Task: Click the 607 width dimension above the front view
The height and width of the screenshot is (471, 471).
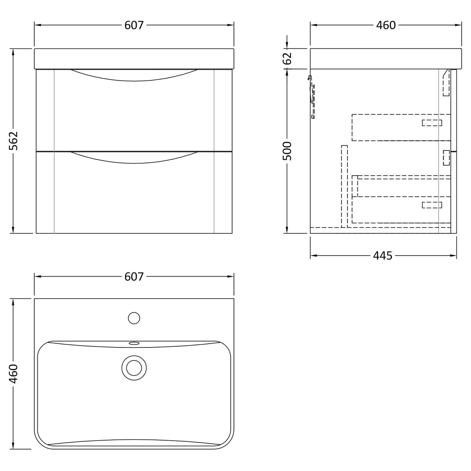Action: [134, 25]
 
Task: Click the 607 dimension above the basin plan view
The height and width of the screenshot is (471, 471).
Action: [134, 277]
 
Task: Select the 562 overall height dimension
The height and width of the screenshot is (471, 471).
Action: [14, 141]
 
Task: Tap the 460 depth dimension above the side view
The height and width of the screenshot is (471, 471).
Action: [386, 25]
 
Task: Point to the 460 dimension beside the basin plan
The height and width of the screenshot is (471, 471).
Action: [14, 373]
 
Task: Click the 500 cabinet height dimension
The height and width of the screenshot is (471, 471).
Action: [287, 151]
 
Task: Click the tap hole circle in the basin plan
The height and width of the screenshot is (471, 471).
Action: [134, 318]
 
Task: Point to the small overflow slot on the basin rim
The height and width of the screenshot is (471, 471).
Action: [134, 343]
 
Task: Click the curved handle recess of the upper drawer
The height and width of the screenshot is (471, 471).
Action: [134, 75]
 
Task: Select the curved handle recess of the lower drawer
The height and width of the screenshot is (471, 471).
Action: [134, 158]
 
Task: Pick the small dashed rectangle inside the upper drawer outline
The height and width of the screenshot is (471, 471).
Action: [432, 123]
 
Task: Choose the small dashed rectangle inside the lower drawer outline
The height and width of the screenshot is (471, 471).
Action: [432, 205]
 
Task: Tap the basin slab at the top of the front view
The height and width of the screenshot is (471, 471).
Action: [134, 58]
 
